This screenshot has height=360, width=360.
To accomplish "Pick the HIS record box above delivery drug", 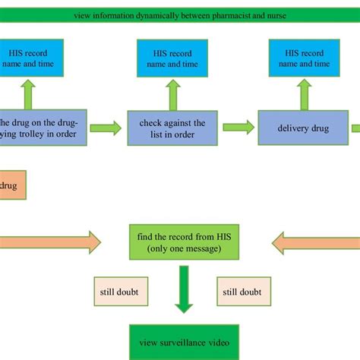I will coord(302,58).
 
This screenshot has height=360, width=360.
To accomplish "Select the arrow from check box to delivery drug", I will coord(238,127).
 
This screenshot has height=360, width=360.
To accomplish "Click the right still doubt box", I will coord(240,291).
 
